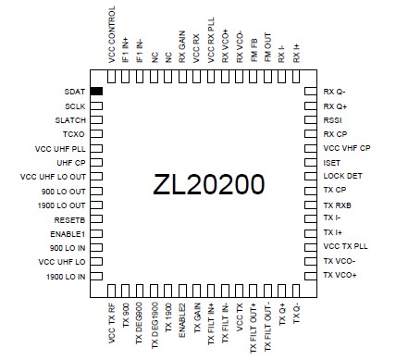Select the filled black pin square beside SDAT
tap(96, 91)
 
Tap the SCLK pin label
tap(75, 106)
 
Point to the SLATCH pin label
tap(70, 121)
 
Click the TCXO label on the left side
tap(75, 135)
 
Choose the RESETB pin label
tap(70, 221)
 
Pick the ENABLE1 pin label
tap(68, 235)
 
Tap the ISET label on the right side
tap(333, 163)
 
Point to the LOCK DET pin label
tap(342, 177)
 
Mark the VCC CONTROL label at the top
tap(111, 37)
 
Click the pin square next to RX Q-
tap(310, 92)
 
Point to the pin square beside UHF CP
tap(96, 163)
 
